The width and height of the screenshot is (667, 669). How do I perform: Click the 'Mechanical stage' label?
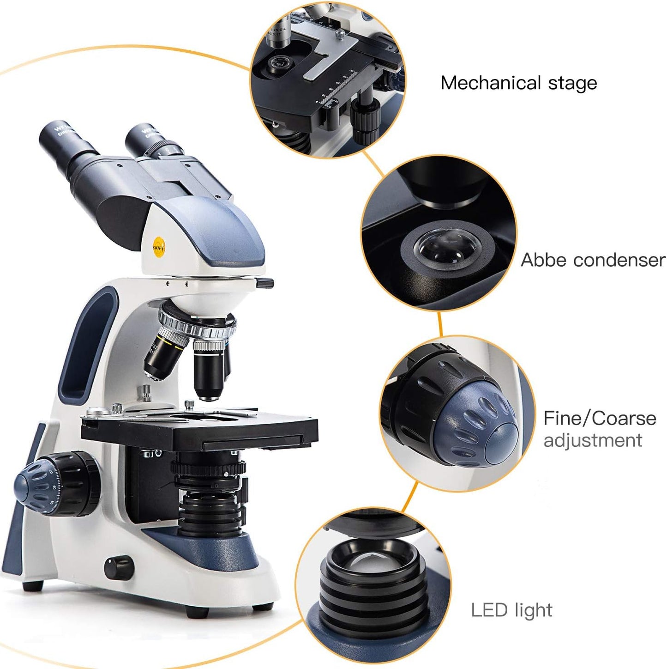click(518, 83)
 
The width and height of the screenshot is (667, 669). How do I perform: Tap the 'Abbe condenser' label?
click(593, 260)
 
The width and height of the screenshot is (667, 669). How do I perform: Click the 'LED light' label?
click(511, 610)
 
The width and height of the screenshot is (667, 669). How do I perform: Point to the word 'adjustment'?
click(593, 440)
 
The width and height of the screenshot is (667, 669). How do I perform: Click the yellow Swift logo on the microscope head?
click(159, 245)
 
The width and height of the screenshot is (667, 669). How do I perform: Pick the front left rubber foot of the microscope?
click(33, 586)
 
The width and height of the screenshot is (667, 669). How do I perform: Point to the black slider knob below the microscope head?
click(265, 283)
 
